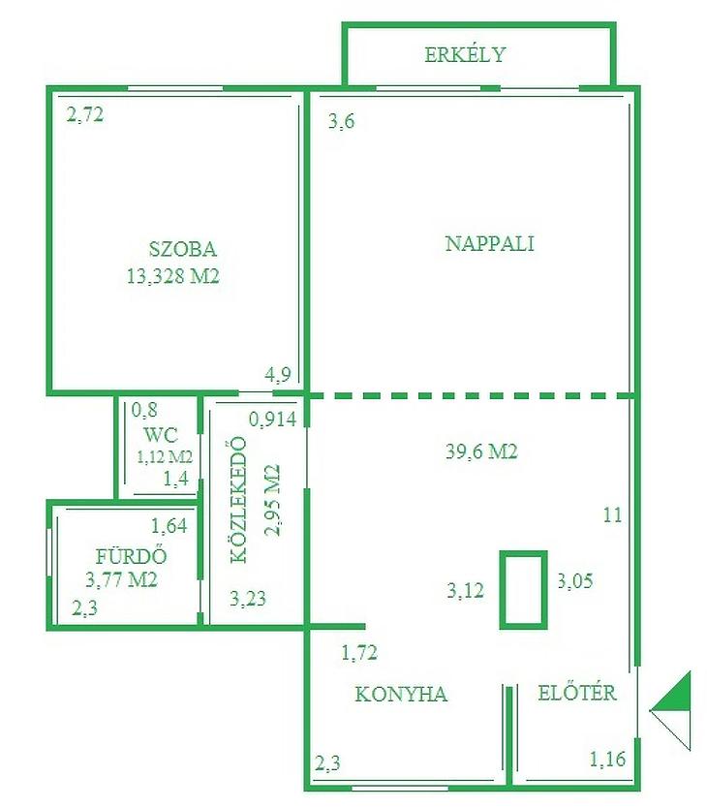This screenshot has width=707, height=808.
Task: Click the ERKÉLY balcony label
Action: point(465,54)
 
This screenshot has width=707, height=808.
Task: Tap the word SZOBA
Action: point(182,249)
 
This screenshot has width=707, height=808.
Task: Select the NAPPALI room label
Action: point(489,244)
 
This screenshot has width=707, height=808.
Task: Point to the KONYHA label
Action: point(401,694)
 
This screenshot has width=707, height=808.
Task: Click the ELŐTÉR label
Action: point(577,692)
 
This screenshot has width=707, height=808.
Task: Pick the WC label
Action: point(161,435)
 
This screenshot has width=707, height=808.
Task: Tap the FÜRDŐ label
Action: point(132,555)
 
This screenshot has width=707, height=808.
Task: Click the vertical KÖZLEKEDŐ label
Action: point(238,500)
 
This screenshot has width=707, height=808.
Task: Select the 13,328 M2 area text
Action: point(173,277)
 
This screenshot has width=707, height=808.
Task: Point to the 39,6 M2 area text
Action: point(481,451)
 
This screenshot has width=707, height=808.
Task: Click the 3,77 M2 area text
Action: point(121,580)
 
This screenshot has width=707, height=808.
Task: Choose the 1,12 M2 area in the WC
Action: point(165,456)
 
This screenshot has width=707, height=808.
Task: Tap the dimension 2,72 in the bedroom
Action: point(85,114)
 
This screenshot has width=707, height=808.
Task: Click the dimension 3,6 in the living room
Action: point(342,122)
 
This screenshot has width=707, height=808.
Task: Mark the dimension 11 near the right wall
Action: point(612,515)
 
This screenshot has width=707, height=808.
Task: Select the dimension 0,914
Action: point(272,420)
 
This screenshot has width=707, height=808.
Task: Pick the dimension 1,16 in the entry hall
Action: point(607,759)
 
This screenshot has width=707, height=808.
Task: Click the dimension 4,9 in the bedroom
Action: point(278,375)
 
